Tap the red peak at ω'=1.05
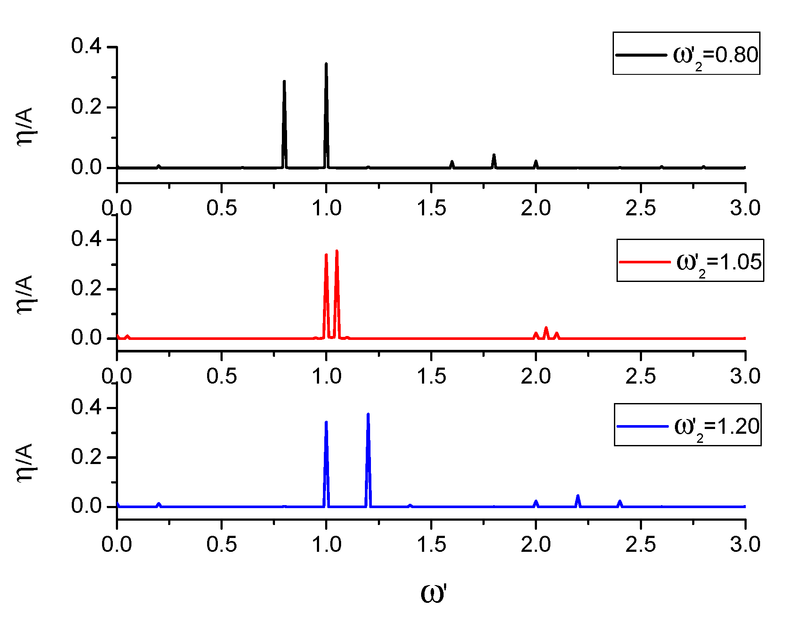click(x=336, y=252)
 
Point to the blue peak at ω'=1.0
click(x=326, y=423)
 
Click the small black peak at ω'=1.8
click(x=494, y=156)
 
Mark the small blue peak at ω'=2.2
click(x=578, y=496)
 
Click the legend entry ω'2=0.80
click(x=686, y=54)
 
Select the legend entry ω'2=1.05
click(x=690, y=261)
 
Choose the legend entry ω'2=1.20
click(x=687, y=426)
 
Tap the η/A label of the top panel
click(x=25, y=126)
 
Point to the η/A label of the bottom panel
click(x=25, y=462)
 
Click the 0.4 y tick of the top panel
click(x=86, y=46)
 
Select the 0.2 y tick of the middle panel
click(x=86, y=288)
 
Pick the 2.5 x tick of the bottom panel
click(x=640, y=544)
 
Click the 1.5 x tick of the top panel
click(x=431, y=208)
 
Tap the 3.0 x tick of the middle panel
click(x=745, y=376)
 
